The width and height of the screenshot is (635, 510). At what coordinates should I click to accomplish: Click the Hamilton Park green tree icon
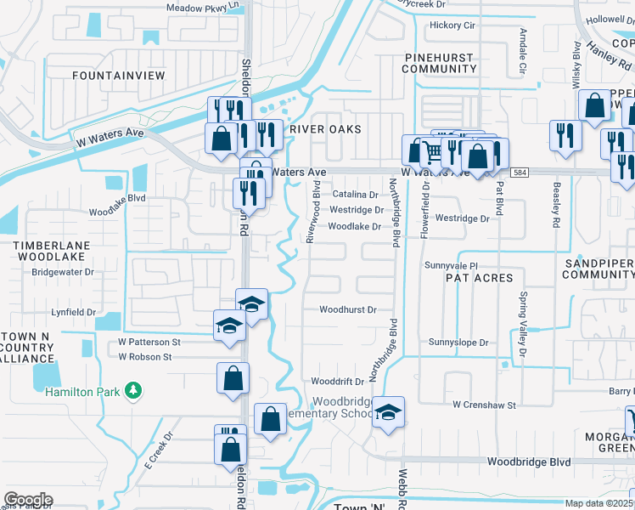132,390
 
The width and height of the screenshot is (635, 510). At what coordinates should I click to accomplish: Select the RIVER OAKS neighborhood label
325,129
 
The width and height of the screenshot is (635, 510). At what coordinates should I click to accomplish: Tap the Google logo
27,500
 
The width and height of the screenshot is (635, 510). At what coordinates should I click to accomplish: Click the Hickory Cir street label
452,25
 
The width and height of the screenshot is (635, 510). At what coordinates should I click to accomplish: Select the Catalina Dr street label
355,195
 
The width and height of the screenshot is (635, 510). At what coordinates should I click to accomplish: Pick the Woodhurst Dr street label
347,310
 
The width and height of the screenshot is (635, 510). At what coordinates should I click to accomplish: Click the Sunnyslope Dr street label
458,343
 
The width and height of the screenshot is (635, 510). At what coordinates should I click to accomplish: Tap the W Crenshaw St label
484,405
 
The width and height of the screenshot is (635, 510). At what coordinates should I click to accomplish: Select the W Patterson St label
149,342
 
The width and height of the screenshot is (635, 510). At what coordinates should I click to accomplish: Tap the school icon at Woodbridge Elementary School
388,412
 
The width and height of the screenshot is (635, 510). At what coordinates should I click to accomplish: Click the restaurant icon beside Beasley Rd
563,135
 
